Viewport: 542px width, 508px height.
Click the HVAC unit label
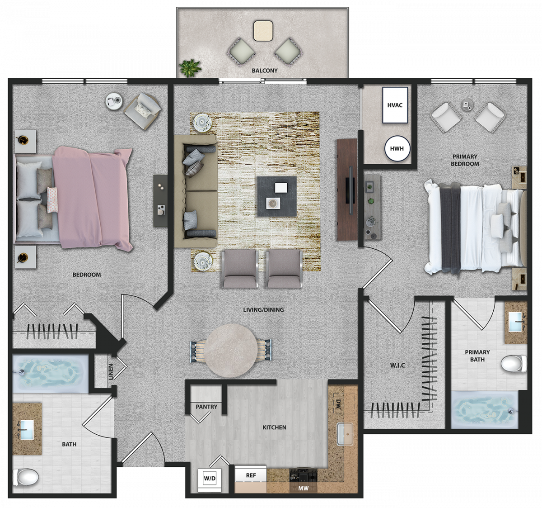[395, 105]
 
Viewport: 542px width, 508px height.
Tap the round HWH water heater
[397, 149]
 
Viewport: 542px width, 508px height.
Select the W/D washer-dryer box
[210, 478]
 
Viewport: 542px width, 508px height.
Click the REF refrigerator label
[251, 475]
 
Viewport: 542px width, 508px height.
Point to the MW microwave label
[304, 488]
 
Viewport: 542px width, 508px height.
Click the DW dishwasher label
[338, 404]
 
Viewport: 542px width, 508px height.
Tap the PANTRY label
[206, 407]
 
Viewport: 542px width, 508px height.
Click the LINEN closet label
[111, 372]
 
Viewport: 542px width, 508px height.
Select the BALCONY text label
[264, 71]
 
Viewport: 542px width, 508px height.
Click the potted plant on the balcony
[190, 68]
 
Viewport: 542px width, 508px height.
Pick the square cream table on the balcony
[263, 31]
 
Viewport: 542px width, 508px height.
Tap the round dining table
[231, 351]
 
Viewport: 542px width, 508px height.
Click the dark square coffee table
[277, 197]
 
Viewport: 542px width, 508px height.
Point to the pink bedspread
[92, 197]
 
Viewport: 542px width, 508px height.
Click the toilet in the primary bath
[514, 364]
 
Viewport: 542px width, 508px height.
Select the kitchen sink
[345, 434]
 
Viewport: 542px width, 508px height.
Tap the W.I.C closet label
[397, 365]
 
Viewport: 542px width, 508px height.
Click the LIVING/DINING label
[263, 310]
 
